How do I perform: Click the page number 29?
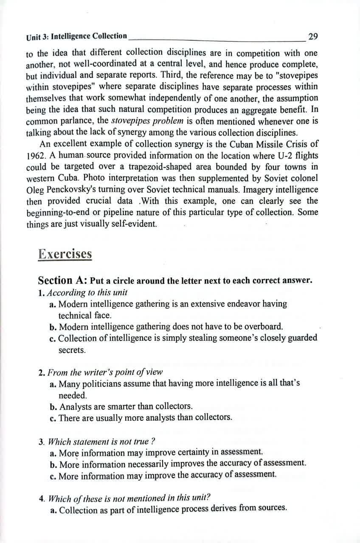(313, 36)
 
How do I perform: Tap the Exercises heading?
(65, 254)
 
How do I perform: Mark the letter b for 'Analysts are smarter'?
(53, 406)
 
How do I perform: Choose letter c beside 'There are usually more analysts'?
(53, 417)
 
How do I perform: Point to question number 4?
(42, 498)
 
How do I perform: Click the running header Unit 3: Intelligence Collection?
(76, 37)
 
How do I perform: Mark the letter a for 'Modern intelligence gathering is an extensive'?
(53, 305)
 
